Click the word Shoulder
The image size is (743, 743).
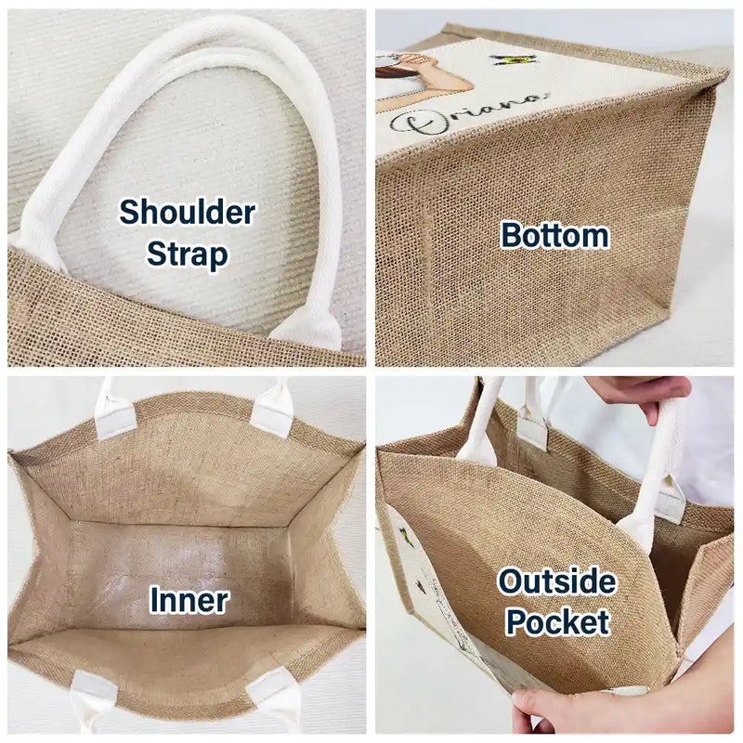point(188,213)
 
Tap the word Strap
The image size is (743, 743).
point(188,254)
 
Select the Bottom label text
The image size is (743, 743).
point(554,236)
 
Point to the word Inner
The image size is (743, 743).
point(189,600)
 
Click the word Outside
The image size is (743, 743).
point(556,581)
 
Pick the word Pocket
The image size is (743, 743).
point(558,621)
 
